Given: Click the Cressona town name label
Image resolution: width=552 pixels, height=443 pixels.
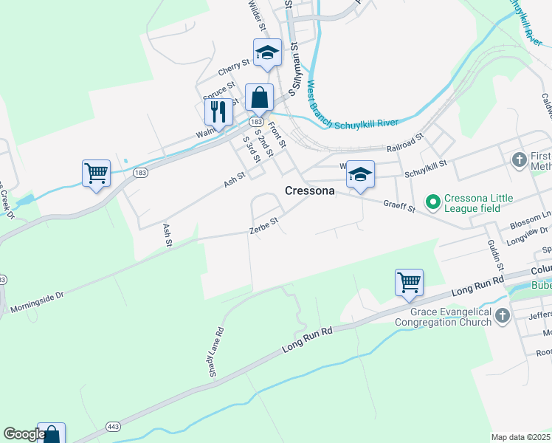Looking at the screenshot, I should click(310, 190).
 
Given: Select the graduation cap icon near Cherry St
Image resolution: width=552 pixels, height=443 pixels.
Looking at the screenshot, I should click(267, 52).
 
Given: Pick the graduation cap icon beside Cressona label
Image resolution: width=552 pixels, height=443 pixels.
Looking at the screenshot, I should click(360, 174).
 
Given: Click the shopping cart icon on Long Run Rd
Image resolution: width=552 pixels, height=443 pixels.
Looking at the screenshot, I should click(409, 282).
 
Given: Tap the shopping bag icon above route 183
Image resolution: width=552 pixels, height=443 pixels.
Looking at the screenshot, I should click(259, 97).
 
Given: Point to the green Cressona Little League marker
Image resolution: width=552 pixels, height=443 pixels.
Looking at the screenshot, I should click(432, 200).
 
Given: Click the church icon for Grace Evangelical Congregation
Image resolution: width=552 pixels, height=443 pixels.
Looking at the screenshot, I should click(502, 316).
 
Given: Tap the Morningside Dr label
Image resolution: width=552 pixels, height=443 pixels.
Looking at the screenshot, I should click(37, 300).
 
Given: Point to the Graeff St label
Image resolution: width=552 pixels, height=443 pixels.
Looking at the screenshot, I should click(399, 206).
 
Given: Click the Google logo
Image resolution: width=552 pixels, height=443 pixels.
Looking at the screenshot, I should click(24, 434).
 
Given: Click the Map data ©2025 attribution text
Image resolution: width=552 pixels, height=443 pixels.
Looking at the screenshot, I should click(520, 437).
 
